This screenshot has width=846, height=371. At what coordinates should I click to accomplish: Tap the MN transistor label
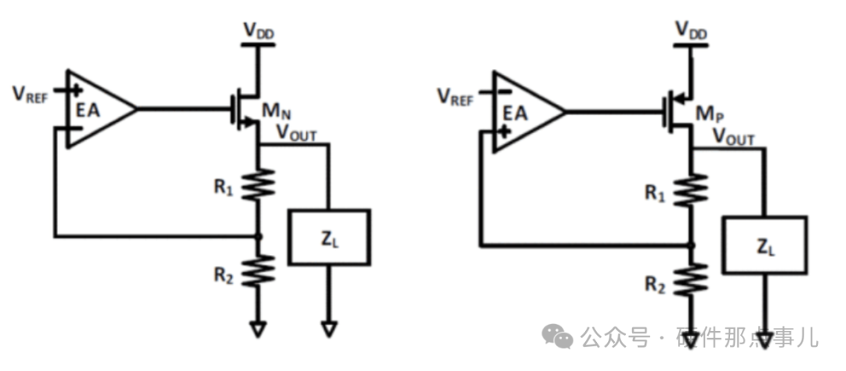coord(277,111)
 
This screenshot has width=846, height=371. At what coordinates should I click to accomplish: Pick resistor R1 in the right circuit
coord(691,190)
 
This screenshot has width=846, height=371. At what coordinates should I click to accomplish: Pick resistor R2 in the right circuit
coord(691,279)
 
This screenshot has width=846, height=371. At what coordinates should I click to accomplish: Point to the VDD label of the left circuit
coord(258,31)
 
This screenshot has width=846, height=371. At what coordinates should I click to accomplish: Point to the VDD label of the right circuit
coord(691,31)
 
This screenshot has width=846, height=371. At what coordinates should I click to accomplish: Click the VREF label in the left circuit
coord(31,95)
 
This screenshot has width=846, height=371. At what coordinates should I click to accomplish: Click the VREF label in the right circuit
coord(455,98)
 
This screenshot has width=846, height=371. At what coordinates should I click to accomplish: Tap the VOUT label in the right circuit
coord(733,137)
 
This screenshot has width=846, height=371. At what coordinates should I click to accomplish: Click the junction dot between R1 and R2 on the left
coord(258,236)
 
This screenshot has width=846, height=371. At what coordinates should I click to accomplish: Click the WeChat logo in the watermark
coord(558,337)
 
